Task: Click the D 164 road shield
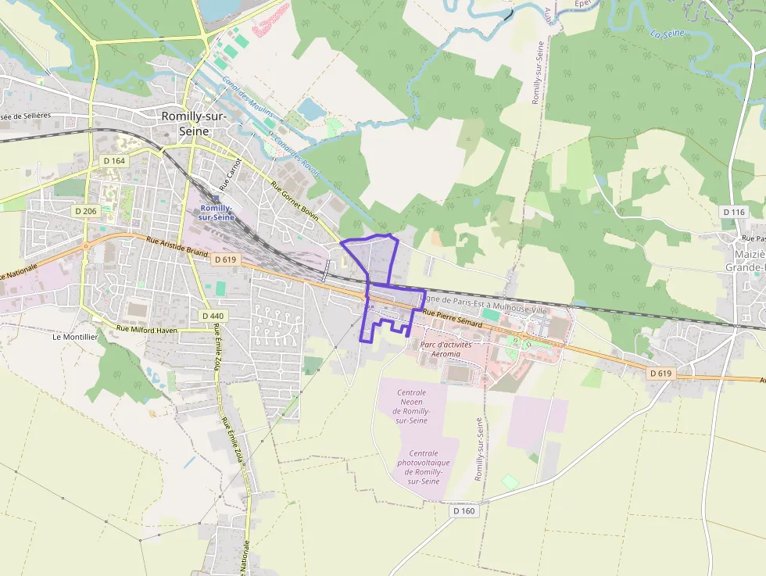(x=114, y=161)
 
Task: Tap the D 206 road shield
(x=86, y=211)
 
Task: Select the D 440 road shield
(x=212, y=316)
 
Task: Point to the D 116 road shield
(x=734, y=212)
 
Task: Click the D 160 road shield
(x=464, y=510)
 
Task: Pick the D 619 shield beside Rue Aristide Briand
(x=224, y=259)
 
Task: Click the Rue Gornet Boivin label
(x=294, y=202)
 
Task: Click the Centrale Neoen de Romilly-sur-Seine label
(x=411, y=406)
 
